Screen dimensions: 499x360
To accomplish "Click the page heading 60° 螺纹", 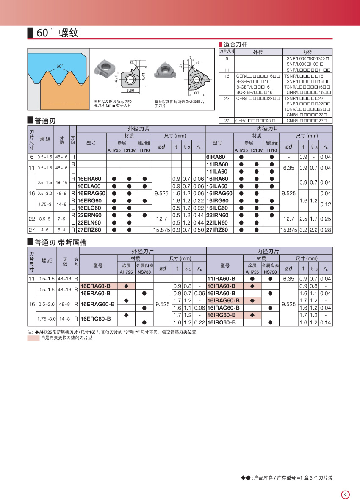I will (x=57, y=33).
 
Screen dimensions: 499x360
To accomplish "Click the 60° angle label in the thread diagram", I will (x=60, y=66).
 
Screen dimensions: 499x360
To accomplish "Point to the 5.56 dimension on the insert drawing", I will (x=130, y=91).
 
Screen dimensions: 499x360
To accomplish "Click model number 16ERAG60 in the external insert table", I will (x=91, y=193).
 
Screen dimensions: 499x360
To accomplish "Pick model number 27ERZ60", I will (x=89, y=230).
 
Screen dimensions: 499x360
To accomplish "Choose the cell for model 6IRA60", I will (x=216, y=157).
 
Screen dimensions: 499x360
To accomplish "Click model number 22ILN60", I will (x=217, y=222).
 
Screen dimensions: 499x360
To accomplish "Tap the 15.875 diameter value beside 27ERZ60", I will (x=161, y=230).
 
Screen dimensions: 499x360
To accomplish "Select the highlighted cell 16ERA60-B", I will (x=95, y=286).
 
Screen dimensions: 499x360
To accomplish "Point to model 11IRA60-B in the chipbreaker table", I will (x=221, y=279).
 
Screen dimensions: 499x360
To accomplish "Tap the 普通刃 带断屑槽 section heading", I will (x=60, y=242).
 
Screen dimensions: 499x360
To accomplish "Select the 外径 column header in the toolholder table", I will (x=258, y=52).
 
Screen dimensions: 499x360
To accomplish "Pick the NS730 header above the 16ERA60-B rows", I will (x=144, y=272).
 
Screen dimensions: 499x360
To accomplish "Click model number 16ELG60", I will (x=89, y=208).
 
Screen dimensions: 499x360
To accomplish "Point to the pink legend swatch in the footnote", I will (x=33, y=338).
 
